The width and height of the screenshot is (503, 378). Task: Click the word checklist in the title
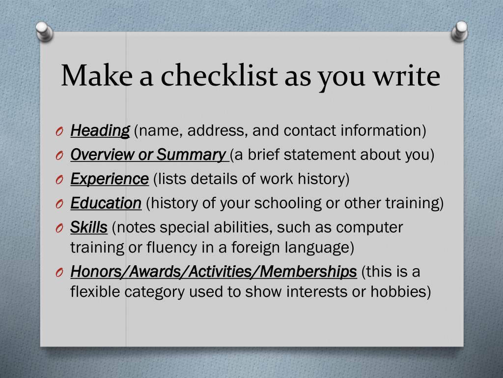tap(219, 75)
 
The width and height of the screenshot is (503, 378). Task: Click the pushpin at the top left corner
tap(44, 31)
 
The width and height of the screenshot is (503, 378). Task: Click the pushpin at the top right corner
tap(460, 31)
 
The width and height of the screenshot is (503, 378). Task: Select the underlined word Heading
tap(100, 130)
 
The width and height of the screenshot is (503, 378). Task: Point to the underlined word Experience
tap(110, 179)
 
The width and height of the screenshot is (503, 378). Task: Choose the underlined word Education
tap(106, 203)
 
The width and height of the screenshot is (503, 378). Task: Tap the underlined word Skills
tap(89, 227)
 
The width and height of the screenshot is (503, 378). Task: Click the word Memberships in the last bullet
tap(308, 271)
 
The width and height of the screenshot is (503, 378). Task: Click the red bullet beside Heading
tap(59, 132)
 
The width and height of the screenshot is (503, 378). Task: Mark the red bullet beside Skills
tap(59, 229)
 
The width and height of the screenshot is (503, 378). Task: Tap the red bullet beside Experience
tap(59, 181)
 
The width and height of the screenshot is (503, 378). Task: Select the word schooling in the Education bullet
tap(288, 204)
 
